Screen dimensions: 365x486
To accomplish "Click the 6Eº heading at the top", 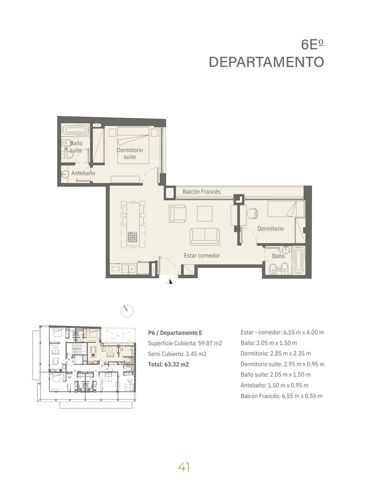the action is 312,45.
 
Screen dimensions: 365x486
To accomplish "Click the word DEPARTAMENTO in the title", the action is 267,62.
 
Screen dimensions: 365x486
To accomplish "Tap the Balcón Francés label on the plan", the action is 202,192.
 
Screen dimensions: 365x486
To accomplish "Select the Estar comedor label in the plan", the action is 202,256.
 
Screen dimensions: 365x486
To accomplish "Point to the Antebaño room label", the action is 83,173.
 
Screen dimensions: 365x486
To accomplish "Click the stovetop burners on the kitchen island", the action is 133,237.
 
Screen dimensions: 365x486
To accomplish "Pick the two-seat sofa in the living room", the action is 205,237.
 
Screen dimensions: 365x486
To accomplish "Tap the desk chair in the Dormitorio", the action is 252,213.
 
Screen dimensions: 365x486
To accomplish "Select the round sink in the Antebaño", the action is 65,174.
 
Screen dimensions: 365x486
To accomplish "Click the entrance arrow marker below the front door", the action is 170,281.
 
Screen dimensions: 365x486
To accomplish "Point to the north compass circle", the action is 127,311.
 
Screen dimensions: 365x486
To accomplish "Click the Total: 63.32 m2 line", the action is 169,364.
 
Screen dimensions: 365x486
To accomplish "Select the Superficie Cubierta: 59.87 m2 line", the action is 185,343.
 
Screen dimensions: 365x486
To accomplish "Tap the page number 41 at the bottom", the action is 184,467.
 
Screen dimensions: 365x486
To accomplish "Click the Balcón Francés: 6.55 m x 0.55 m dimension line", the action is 282,396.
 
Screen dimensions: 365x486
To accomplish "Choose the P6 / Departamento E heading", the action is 175,333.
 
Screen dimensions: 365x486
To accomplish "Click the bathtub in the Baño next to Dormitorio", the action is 299,260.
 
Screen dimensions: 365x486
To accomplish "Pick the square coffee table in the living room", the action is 205,214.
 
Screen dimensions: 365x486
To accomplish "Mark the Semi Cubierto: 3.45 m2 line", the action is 177,354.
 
